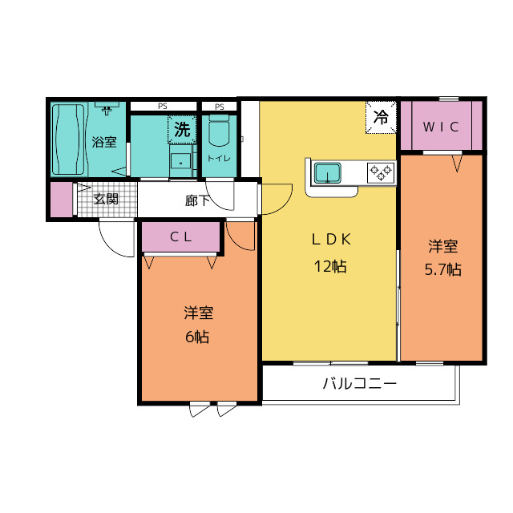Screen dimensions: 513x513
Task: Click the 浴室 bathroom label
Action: click(x=104, y=143)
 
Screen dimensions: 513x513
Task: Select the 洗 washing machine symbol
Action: click(x=183, y=128)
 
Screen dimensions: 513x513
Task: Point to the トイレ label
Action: click(x=219, y=158)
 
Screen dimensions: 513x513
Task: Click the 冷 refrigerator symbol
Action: click(x=382, y=117)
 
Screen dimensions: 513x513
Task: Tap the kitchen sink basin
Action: click(x=328, y=172)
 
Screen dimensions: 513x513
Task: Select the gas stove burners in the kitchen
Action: click(x=381, y=172)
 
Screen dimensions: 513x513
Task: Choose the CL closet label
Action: click(x=180, y=237)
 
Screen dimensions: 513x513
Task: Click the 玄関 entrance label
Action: click(x=106, y=199)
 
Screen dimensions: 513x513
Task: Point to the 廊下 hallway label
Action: click(x=197, y=200)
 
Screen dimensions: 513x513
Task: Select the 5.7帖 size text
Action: click(x=442, y=269)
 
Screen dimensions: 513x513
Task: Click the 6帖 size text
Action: click(x=197, y=337)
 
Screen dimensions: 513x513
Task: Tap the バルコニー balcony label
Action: click(x=360, y=384)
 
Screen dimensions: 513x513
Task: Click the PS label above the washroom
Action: click(x=163, y=106)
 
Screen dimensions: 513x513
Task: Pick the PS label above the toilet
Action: click(x=219, y=106)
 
